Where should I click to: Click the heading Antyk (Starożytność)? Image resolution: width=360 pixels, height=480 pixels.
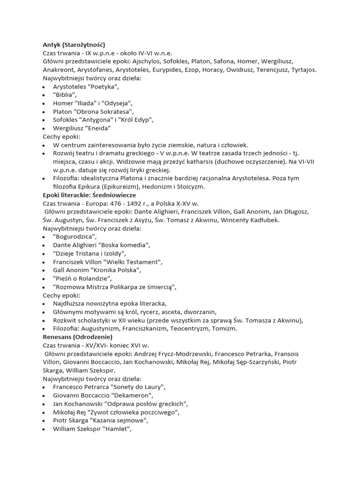[x=75, y=44]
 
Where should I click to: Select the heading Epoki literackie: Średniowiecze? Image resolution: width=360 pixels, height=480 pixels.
[x=89, y=195]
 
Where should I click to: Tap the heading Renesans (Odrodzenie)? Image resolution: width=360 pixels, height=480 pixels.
[x=77, y=337]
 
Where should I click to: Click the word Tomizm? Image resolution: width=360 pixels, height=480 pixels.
[x=224, y=329]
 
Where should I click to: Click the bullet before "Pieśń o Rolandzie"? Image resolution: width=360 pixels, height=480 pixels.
[x=44, y=278]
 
